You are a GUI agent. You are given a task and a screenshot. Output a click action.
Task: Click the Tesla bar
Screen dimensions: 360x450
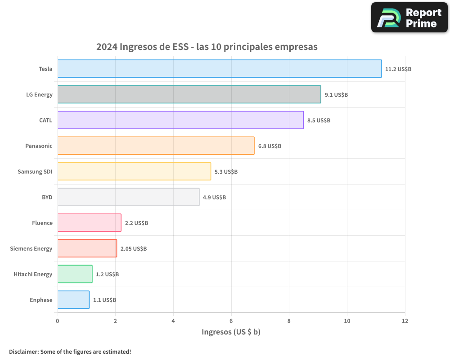[220, 69]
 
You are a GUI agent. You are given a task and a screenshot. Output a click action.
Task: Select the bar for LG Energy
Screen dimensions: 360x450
[189, 94]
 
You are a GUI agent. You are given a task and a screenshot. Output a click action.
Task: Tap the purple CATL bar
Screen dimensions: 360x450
[180, 120]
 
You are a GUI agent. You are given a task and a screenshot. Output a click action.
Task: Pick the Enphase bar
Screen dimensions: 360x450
[73, 300]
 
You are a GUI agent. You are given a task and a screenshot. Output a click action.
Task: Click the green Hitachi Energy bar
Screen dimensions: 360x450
[75, 274]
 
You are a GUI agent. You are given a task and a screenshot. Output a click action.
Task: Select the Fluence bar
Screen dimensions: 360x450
[89, 223]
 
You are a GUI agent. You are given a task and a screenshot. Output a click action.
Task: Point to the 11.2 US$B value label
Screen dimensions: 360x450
[398, 69]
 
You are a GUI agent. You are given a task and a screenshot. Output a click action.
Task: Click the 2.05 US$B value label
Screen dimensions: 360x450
[134, 249]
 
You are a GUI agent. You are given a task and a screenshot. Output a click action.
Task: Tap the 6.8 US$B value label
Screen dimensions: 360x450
[270, 146]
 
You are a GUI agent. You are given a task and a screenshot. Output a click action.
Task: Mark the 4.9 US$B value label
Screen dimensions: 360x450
[214, 198]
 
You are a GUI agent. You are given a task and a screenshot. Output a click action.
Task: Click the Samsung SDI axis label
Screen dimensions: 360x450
[35, 171]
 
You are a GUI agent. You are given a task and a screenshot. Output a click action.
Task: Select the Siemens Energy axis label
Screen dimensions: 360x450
[31, 248]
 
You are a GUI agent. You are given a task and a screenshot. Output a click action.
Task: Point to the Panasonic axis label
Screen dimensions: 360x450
[39, 146]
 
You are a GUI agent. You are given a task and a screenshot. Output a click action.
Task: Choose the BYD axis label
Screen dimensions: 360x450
[47, 197]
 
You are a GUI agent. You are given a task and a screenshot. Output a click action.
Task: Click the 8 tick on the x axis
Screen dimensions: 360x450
[289, 321]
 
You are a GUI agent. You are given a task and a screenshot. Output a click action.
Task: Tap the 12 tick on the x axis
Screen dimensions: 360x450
[405, 321]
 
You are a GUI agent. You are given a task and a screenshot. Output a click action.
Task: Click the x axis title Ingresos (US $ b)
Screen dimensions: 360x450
[231, 332]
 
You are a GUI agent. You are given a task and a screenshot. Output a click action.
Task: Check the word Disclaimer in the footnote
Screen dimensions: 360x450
[23, 351]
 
